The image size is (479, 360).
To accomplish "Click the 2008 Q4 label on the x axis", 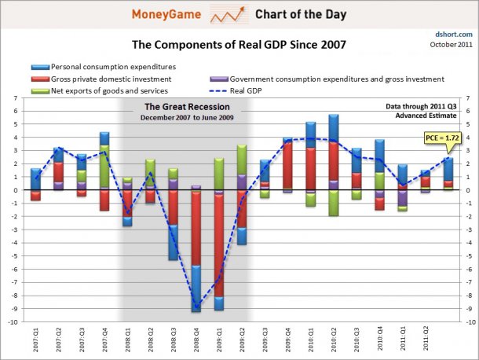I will point(196,339).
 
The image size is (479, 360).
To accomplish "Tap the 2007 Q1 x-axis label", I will point(36,339).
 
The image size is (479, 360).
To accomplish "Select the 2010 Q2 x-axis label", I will point(333,339).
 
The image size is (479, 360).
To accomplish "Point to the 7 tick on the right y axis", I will point(466,97).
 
